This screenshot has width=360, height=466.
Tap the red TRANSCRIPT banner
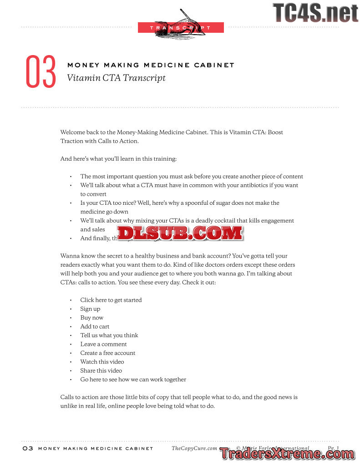[x=181, y=28]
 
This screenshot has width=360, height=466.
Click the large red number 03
[x=41, y=71]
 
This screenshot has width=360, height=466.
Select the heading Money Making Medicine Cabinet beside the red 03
[x=151, y=65]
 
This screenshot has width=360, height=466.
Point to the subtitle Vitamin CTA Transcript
[x=116, y=78]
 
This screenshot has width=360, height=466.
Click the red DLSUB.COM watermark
[x=180, y=233]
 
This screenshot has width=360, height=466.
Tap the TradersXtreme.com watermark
[x=287, y=453]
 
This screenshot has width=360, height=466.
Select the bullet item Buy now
[x=92, y=318]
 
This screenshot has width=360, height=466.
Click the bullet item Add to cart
[x=95, y=326]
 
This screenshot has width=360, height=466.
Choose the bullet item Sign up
[x=90, y=309]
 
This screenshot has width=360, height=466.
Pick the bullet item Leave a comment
[x=103, y=344]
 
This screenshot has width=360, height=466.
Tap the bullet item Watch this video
[x=102, y=362]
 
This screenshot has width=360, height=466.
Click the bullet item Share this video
[x=101, y=370]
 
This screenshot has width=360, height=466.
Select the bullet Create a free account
[x=108, y=353]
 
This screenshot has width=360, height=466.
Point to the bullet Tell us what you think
[x=109, y=335]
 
